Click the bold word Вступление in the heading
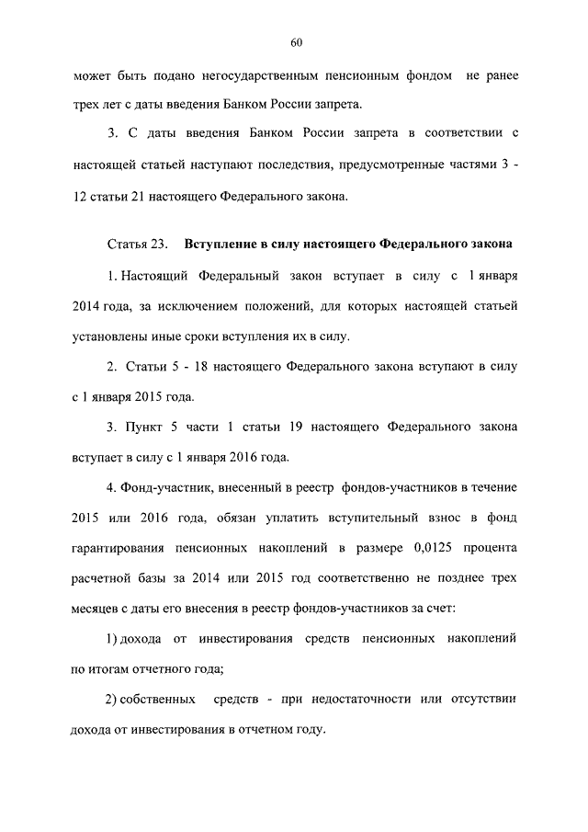pyautogui.click(x=225, y=245)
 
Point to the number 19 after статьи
pyautogui.click(x=344, y=427)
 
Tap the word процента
pyautogui.click(x=490, y=547)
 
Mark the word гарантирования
pyautogui.click(x=118, y=547)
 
